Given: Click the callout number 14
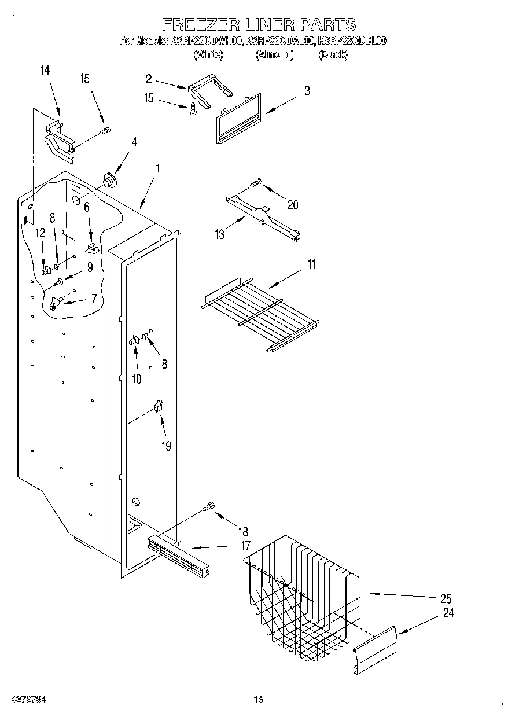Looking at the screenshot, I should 45,71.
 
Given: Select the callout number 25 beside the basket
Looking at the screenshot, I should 445,599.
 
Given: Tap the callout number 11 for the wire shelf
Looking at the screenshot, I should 312,264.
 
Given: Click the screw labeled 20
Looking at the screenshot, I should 255,183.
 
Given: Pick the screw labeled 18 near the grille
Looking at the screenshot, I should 209,507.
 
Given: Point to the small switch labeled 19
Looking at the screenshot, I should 159,406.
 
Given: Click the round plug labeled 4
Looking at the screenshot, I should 108,180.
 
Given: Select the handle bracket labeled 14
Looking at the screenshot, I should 60,141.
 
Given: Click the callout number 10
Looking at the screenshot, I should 137,379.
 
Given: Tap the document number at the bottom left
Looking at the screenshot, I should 28,700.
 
